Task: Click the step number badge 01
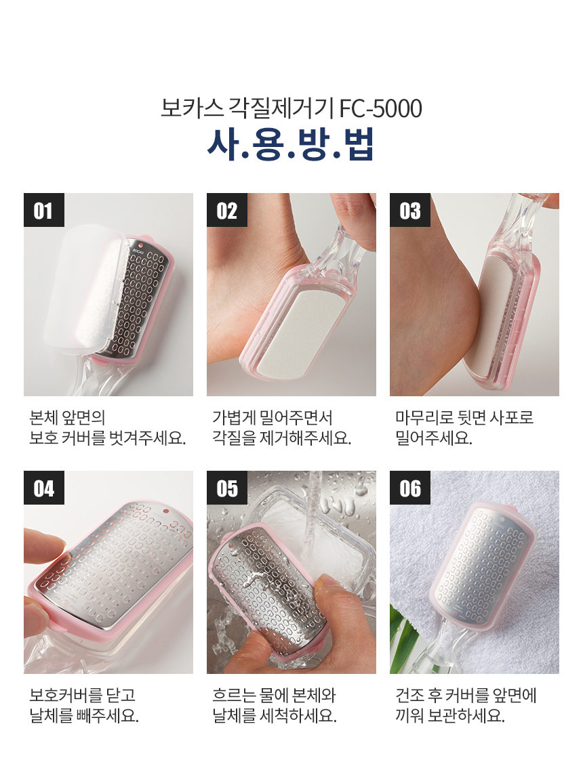click(44, 210)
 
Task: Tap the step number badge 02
click(227, 210)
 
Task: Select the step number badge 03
click(410, 210)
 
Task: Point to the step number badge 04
click(44, 488)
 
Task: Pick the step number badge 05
click(227, 488)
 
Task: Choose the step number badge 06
click(410, 488)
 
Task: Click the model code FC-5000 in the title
click(381, 109)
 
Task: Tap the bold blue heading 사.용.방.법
click(291, 145)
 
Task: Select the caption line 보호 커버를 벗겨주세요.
click(107, 438)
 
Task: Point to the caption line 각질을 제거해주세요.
click(282, 438)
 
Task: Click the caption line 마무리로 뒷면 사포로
click(464, 417)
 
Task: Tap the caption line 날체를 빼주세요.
click(84, 715)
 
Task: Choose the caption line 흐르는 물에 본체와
click(275, 695)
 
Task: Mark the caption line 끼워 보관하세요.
click(450, 715)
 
